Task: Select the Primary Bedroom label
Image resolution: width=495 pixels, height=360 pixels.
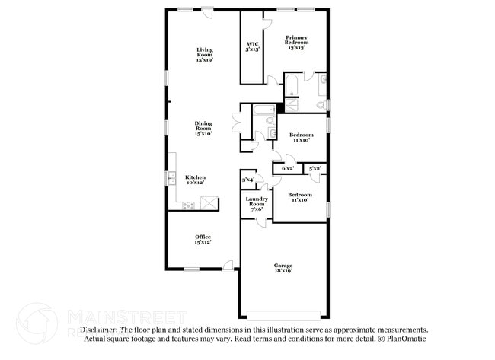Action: tap(296, 42)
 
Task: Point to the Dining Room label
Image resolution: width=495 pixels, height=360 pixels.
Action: tap(203, 127)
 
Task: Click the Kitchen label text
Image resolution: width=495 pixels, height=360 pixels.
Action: tap(196, 180)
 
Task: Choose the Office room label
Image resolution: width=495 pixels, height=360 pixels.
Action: tap(203, 239)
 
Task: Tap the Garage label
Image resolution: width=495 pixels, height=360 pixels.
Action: tap(283, 267)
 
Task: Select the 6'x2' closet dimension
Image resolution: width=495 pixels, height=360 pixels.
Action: tap(288, 167)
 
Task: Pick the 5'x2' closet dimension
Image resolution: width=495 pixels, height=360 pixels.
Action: tap(315, 167)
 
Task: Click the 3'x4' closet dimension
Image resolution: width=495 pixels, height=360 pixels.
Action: tap(248, 180)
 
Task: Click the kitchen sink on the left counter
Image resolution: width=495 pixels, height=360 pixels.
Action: tap(171, 180)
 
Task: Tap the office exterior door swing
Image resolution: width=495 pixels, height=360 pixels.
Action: tap(228, 266)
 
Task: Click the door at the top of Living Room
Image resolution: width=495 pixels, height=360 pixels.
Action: tap(208, 12)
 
